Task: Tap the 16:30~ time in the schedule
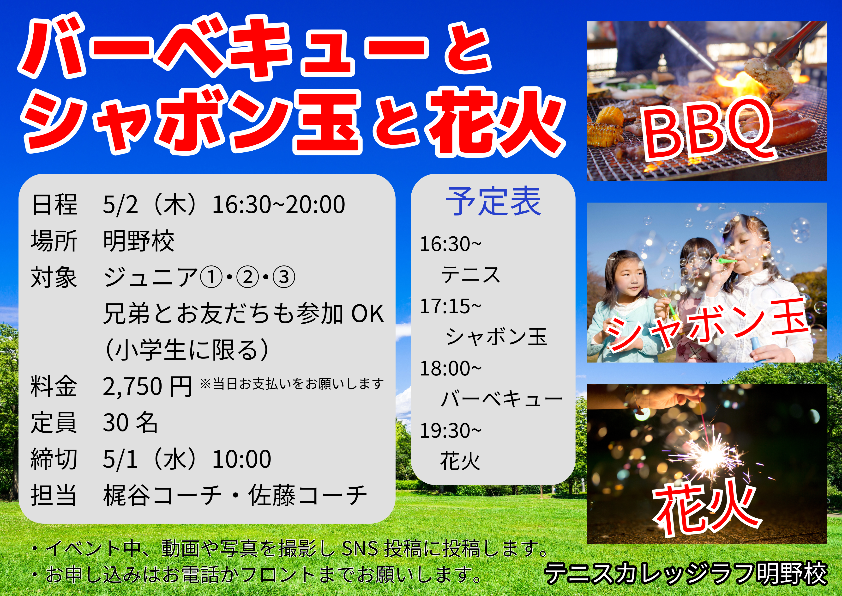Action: pyautogui.click(x=450, y=244)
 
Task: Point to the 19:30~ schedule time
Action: pyautogui.click(x=450, y=430)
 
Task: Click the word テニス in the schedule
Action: pyautogui.click(x=470, y=275)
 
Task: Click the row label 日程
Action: pyautogui.click(x=54, y=204)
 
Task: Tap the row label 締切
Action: pyautogui.click(x=54, y=459)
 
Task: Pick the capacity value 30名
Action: pyautogui.click(x=130, y=423)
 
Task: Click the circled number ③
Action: pyautogui.click(x=284, y=277)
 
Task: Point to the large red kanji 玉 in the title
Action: pyautogui.click(x=327, y=122)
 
